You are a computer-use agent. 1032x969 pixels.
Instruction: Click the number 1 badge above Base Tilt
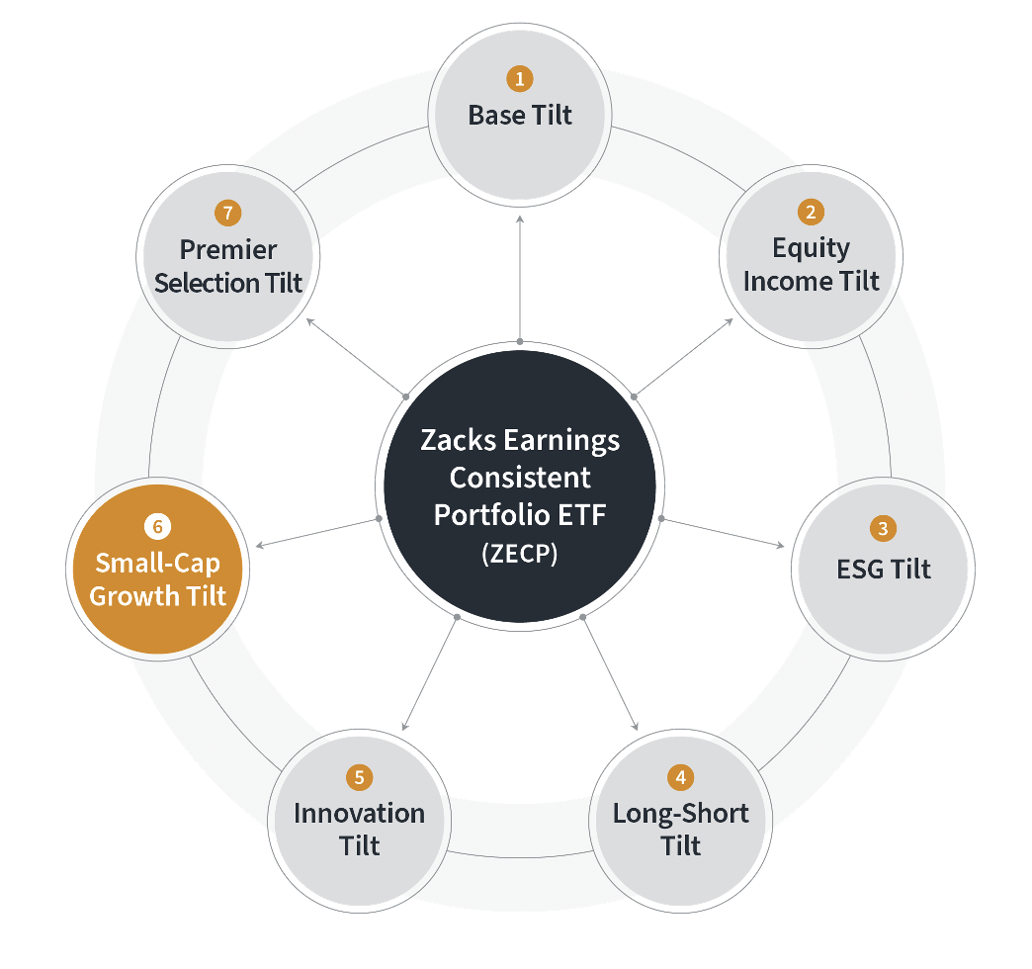click(519, 78)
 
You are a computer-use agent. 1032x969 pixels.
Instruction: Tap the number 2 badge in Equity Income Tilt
click(811, 212)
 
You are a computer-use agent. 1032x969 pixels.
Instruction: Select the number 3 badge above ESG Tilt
click(883, 529)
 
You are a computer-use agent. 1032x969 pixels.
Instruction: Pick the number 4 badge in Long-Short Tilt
click(680, 777)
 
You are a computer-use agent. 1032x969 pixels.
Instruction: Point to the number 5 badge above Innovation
click(358, 777)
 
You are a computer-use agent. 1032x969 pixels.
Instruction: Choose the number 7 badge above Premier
click(227, 212)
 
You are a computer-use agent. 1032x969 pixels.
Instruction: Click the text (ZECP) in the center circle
click(519, 554)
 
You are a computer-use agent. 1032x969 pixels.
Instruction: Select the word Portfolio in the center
click(481, 515)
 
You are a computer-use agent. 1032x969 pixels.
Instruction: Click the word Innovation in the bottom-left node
click(359, 814)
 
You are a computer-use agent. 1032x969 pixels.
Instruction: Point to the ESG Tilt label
click(883, 570)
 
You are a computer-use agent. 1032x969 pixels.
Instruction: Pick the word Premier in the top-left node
click(228, 249)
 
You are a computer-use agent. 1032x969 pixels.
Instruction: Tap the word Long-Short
click(681, 814)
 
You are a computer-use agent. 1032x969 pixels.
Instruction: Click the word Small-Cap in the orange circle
click(157, 564)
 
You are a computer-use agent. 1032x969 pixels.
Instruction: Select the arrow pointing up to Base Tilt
click(519, 277)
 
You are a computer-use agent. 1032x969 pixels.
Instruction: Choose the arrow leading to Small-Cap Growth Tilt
click(316, 533)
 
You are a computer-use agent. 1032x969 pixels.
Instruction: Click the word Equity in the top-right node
click(811, 247)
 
